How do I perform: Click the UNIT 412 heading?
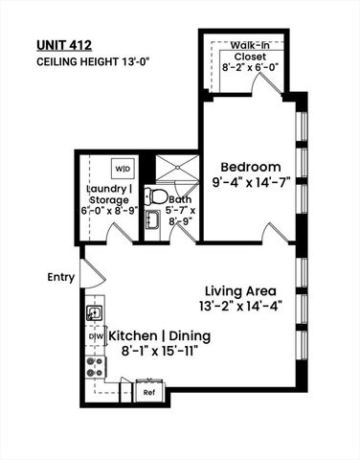(x=70, y=44)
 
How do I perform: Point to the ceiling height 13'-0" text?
(x=93, y=61)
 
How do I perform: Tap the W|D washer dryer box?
(x=124, y=169)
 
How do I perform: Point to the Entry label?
(x=60, y=277)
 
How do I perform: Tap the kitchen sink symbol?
(x=95, y=311)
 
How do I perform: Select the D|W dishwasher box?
(x=95, y=337)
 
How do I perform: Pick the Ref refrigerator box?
(x=149, y=392)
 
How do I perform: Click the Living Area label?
(x=239, y=290)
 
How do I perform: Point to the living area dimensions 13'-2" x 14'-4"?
(x=239, y=307)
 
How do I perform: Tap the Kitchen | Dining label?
(x=159, y=337)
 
